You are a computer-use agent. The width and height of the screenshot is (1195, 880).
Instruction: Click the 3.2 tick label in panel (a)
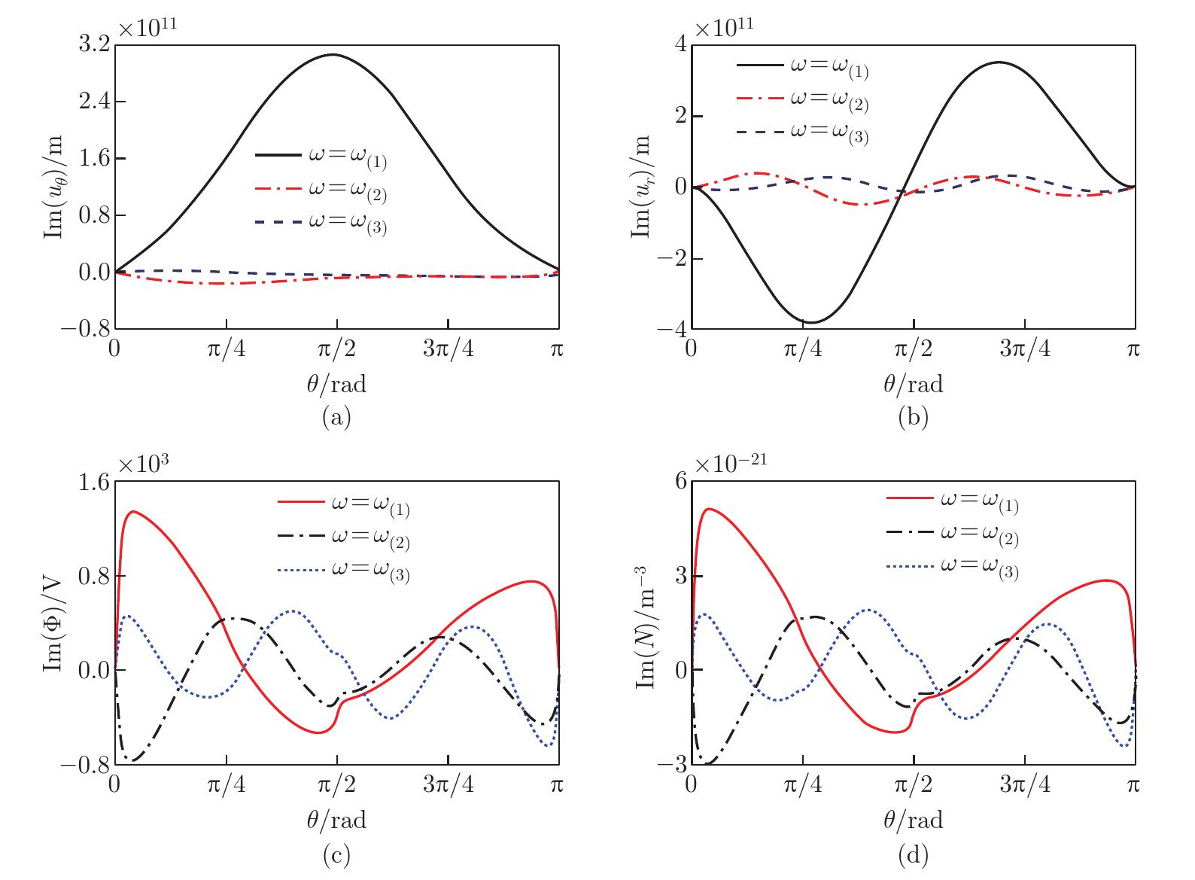coord(93,44)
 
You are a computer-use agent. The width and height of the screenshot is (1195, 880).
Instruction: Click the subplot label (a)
coord(336,417)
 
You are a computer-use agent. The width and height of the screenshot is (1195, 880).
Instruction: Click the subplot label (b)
coord(913,417)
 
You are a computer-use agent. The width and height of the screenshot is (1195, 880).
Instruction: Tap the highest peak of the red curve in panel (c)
coord(133,511)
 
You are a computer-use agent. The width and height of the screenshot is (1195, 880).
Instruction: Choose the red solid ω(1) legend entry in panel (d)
coord(953,499)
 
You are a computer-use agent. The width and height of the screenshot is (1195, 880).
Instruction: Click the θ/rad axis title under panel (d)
coord(913,819)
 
